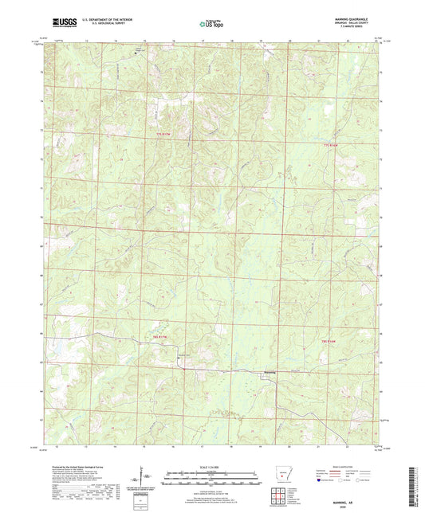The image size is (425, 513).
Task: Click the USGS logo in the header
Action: [x=61, y=22]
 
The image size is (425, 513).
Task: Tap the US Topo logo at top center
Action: [x=211, y=23]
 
